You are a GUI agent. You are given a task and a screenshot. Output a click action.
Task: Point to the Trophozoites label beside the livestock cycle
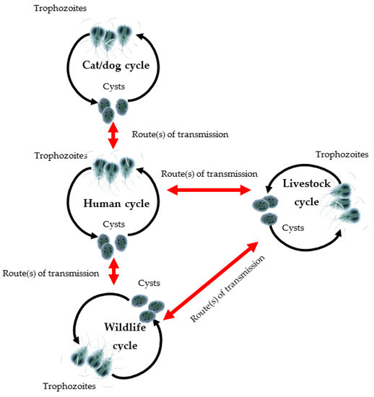[342, 154]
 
